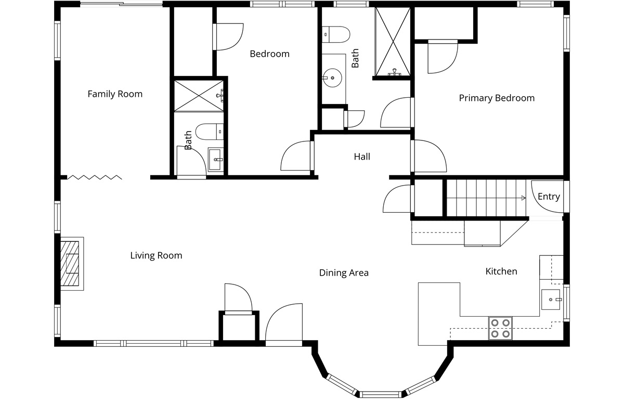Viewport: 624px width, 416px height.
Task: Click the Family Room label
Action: click(x=115, y=94)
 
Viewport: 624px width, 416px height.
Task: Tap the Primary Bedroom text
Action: click(x=497, y=98)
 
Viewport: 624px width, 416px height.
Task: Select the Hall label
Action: click(x=362, y=157)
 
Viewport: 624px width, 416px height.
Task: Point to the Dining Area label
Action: click(x=344, y=272)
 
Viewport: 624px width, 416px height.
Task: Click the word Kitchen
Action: click(x=501, y=271)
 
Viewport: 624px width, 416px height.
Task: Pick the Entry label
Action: click(x=549, y=197)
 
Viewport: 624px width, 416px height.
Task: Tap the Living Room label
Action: click(x=156, y=255)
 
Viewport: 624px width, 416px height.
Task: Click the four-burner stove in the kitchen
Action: click(x=500, y=328)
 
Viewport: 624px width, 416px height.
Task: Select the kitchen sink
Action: click(x=551, y=300)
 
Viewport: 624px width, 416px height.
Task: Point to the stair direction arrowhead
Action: click(x=524, y=198)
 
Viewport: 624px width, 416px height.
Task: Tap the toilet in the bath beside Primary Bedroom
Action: click(x=336, y=34)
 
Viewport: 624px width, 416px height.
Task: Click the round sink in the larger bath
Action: click(x=332, y=77)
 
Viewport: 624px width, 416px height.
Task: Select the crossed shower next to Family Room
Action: click(x=199, y=96)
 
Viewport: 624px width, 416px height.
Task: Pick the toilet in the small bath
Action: click(x=210, y=132)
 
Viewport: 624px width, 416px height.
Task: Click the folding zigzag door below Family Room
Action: click(x=95, y=177)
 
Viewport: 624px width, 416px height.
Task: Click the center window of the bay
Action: click(x=380, y=394)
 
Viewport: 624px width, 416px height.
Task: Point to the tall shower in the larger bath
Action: click(x=393, y=42)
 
